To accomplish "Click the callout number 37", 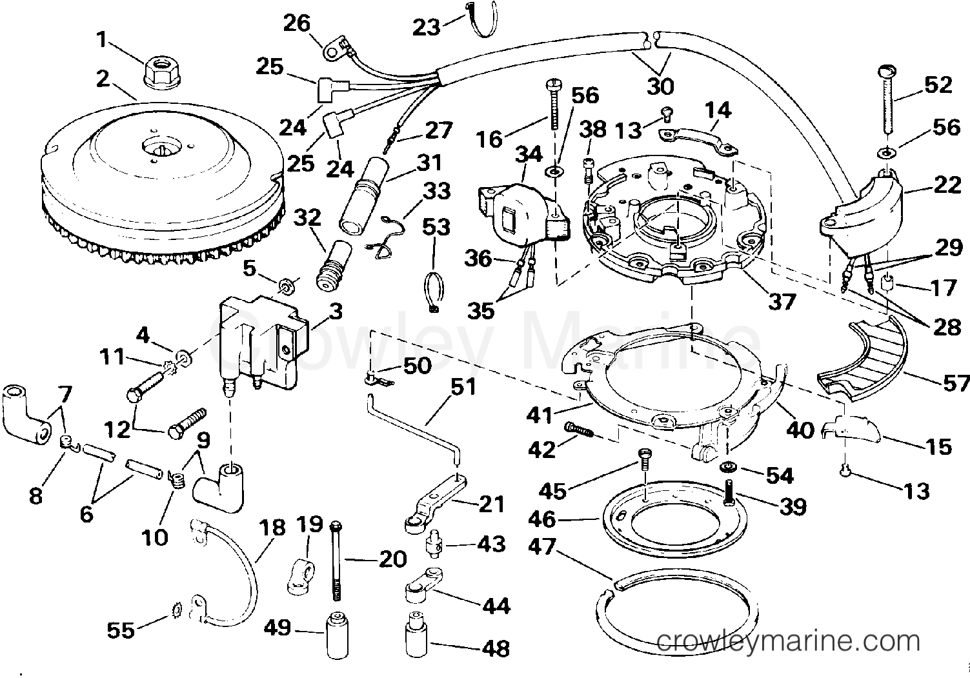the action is coord(782,301).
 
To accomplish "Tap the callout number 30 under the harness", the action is coord(660,86).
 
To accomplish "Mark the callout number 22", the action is coord(947,186).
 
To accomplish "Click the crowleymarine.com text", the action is coord(788,641).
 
